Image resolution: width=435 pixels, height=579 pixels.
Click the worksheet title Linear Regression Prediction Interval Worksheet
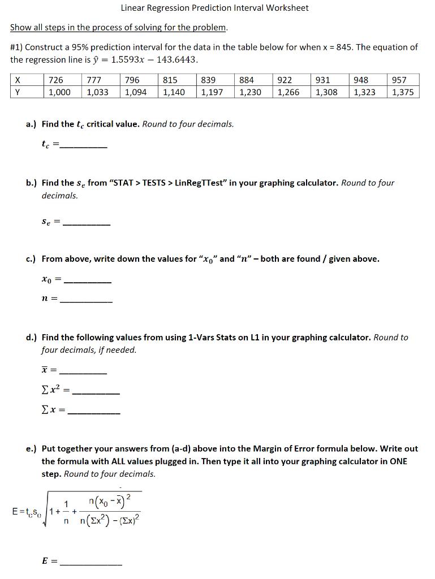click(214, 8)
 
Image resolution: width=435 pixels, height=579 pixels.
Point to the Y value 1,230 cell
click(250, 92)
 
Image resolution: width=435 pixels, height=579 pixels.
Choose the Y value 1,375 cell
click(402, 92)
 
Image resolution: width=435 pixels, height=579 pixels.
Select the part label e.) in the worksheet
click(32, 449)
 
